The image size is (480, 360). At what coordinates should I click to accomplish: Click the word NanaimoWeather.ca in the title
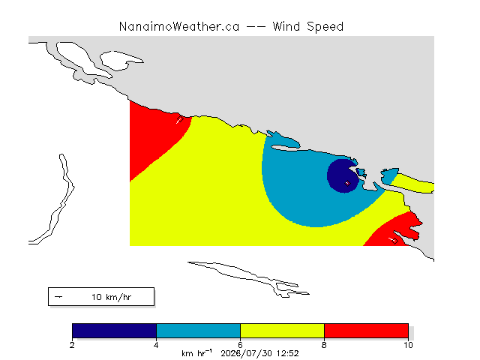[179, 27]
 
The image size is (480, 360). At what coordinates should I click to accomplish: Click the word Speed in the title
[325, 27]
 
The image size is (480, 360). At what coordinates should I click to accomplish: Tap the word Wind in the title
[286, 27]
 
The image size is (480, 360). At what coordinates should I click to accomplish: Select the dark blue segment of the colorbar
[114, 331]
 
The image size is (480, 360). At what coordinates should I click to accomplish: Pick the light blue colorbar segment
[198, 331]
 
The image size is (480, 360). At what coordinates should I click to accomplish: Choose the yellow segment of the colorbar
[282, 331]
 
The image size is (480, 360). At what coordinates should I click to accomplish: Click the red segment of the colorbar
[367, 331]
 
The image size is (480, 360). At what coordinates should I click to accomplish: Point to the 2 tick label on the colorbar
[72, 345]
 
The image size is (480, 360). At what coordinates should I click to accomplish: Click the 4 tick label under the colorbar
[157, 345]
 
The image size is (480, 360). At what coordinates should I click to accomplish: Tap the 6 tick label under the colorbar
[240, 345]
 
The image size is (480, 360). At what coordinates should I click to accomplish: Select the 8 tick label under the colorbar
[325, 345]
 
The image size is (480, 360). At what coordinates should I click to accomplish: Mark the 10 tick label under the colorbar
[408, 345]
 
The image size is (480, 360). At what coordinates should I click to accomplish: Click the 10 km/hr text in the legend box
[112, 297]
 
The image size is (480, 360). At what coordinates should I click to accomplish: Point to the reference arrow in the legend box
[58, 297]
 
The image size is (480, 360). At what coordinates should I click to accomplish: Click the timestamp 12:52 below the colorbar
[288, 353]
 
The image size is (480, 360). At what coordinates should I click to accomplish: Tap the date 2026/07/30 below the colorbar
[247, 354]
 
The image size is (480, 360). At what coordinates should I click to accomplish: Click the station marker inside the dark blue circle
[347, 183]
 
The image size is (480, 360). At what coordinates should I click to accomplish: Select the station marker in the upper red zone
[180, 119]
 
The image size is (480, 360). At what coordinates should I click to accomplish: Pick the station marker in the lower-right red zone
[395, 241]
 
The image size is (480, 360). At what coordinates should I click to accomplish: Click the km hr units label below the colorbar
[196, 353]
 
